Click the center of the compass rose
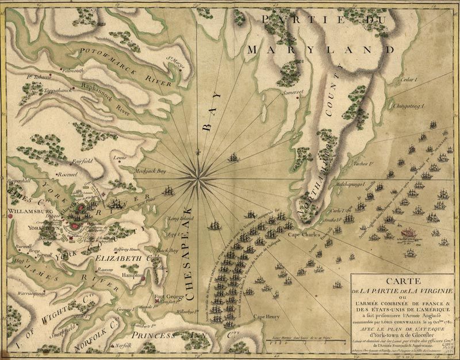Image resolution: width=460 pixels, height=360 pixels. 198,175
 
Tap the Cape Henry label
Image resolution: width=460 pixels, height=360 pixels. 267,316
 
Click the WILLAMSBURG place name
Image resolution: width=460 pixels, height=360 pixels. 28,211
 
